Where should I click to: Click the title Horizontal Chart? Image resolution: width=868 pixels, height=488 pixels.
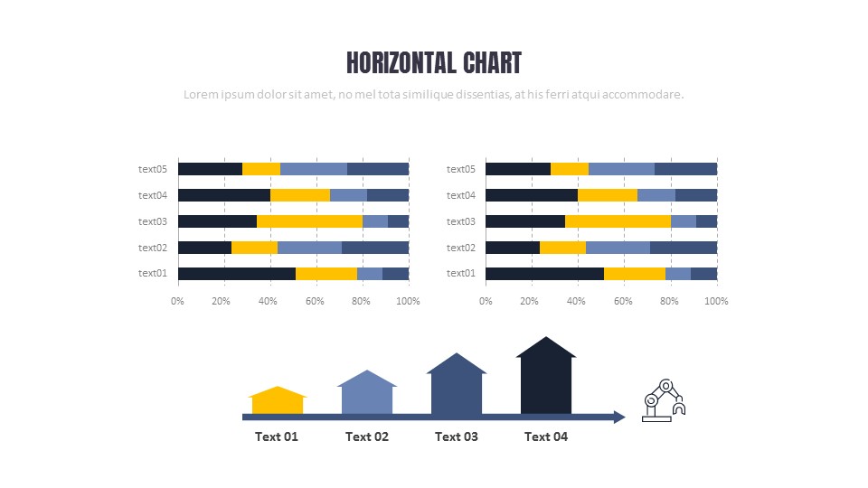pyautogui.click(x=434, y=62)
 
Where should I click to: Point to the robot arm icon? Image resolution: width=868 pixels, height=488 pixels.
pyautogui.click(x=664, y=400)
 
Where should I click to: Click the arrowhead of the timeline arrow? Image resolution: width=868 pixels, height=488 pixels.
pyautogui.click(x=618, y=417)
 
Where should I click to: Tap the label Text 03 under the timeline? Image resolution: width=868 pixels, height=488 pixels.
pyautogui.click(x=457, y=436)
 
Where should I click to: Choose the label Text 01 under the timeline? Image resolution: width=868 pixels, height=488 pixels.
pyautogui.click(x=277, y=436)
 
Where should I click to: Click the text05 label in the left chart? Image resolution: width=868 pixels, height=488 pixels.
pyautogui.click(x=153, y=169)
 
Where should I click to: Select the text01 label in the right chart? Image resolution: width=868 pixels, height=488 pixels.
pyautogui.click(x=460, y=273)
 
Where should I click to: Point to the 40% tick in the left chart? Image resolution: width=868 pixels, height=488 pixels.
pyautogui.click(x=268, y=301)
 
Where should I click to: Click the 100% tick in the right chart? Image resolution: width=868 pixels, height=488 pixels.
pyautogui.click(x=716, y=301)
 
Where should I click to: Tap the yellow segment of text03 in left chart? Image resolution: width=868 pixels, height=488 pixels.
pyautogui.click(x=309, y=221)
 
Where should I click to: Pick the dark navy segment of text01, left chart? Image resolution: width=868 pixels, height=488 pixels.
pyautogui.click(x=236, y=274)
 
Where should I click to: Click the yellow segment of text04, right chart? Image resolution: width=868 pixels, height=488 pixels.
pyautogui.click(x=608, y=195)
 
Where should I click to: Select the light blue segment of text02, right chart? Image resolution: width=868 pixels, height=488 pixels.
pyautogui.click(x=618, y=248)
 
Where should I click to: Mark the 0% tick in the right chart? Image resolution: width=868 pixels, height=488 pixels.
pyautogui.click(x=486, y=301)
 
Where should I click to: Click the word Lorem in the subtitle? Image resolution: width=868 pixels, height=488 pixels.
pyautogui.click(x=199, y=94)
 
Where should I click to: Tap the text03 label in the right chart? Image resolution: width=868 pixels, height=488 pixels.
pyautogui.click(x=460, y=221)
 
